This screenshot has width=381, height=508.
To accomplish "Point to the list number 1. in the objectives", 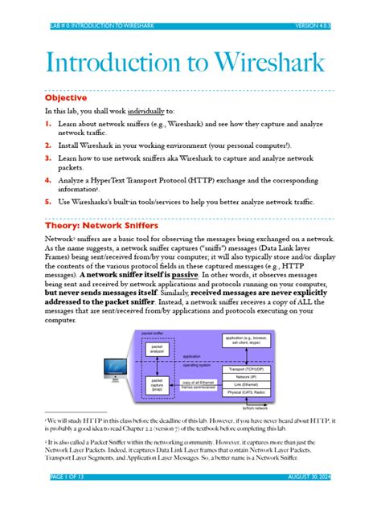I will (x=48, y=125).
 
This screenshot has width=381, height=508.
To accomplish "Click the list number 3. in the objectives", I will (x=48, y=160).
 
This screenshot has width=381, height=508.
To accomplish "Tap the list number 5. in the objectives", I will (x=48, y=201).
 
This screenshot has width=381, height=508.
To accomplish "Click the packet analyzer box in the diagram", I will (x=158, y=347).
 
